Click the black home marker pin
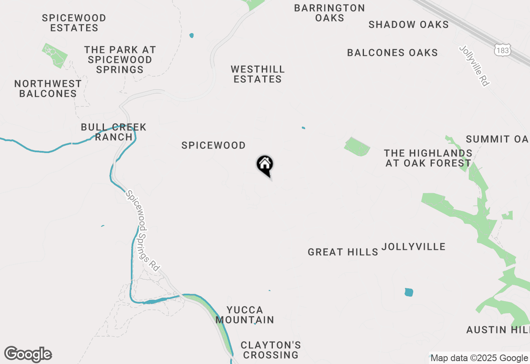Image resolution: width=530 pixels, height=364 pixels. (x=265, y=165)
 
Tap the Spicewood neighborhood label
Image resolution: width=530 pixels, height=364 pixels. (x=213, y=146)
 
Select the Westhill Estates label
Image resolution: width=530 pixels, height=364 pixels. (x=258, y=74)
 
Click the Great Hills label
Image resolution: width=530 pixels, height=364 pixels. (x=343, y=252)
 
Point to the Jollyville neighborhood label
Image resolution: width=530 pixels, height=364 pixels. (x=413, y=247)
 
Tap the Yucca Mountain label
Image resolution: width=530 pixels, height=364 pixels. (x=245, y=315)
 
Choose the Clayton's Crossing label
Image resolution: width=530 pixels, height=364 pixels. (x=271, y=350)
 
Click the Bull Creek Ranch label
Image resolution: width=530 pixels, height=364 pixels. (x=113, y=132)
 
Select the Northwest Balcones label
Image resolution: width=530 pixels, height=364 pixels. (x=48, y=89)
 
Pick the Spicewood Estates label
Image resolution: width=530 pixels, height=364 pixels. (x=74, y=23)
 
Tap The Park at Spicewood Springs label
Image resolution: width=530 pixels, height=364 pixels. (x=120, y=60)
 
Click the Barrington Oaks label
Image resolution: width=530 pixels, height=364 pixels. (x=330, y=13)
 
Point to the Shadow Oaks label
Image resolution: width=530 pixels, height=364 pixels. (x=408, y=24)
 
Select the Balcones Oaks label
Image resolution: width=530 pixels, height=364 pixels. (x=392, y=53)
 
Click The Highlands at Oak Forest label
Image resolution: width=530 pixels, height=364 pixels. (x=428, y=158)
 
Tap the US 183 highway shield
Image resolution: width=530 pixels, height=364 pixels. (x=502, y=50)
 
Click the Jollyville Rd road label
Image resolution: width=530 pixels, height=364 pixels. (x=474, y=66)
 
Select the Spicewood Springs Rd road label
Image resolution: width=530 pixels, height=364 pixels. (x=142, y=230)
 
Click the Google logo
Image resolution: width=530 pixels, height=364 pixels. (x=28, y=354)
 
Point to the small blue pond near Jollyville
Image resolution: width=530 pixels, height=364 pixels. (x=409, y=292)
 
